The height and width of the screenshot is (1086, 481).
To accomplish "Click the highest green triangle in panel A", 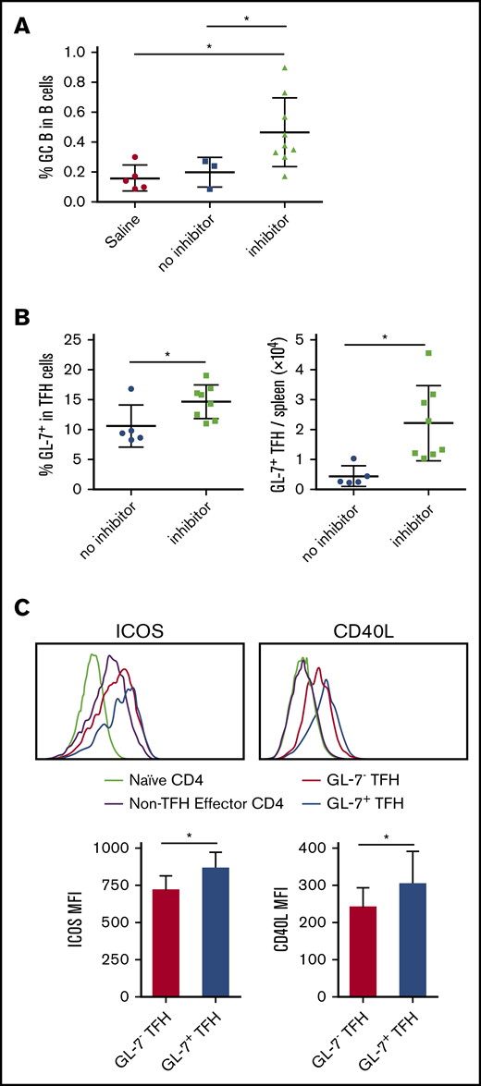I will point(285,67).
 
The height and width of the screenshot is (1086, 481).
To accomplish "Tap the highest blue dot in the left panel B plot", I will point(131,390).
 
